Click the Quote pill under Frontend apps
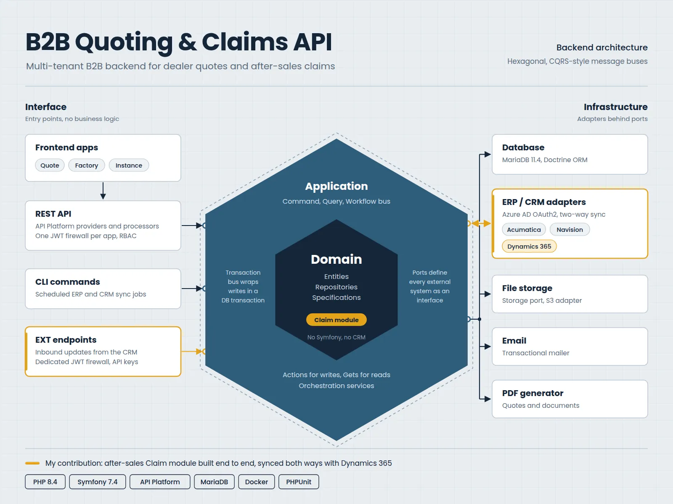[x=50, y=165]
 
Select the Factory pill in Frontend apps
[x=87, y=165]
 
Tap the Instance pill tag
[x=129, y=165]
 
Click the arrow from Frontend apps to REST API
[x=103, y=191]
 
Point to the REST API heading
[x=53, y=214]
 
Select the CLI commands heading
[x=67, y=282]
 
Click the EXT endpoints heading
[x=66, y=340]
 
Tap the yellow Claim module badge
[x=336, y=320]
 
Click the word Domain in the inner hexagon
[x=336, y=260]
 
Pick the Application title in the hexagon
[x=336, y=186]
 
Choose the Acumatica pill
[x=524, y=229]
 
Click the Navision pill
[x=570, y=229]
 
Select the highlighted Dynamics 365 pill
[x=529, y=247]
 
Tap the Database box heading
[x=523, y=147]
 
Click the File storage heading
[x=527, y=288]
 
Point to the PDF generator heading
[x=533, y=393]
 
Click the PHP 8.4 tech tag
[x=45, y=482]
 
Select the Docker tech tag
[x=257, y=482]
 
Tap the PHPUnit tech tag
[x=299, y=482]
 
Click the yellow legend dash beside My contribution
[x=32, y=463]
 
